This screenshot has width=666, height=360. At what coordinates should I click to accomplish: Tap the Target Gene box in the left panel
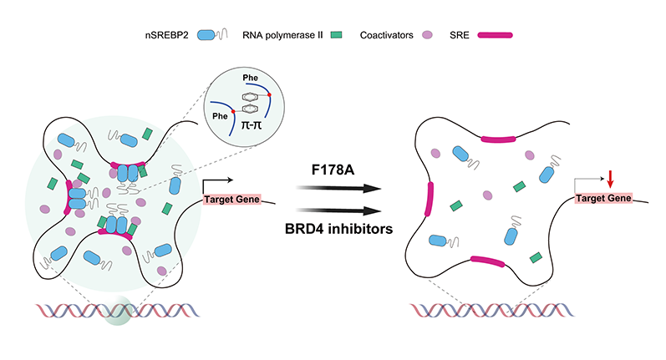click(232, 199)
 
